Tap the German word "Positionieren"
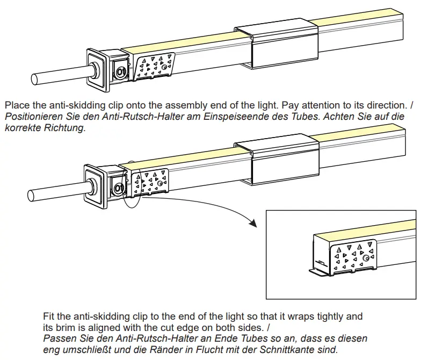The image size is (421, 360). pyautogui.click(x=30, y=117)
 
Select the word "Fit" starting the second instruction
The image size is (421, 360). pyautogui.click(x=49, y=316)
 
